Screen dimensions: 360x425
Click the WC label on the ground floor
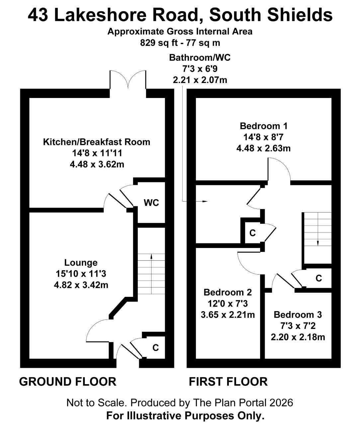pos(151,203)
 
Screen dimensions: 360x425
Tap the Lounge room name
pos(81,263)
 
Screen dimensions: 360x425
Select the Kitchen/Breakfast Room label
pos(97,142)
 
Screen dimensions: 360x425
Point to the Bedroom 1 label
pos(263,126)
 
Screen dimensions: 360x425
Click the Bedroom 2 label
pos(227,292)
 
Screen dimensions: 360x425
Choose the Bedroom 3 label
pos(298,315)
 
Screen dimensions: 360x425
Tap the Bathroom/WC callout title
pos(200,57)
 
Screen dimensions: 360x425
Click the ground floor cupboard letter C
pos(155,348)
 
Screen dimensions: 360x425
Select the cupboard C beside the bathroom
pos(252,233)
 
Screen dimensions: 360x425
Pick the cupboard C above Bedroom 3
pos(318,278)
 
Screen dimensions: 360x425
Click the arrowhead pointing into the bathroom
pos(205,201)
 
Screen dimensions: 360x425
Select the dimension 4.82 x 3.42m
pos(81,285)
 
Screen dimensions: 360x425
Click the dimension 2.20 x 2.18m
pos(298,337)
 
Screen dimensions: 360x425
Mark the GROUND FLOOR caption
pos(68,382)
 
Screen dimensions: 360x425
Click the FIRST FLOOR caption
pos(228,382)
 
